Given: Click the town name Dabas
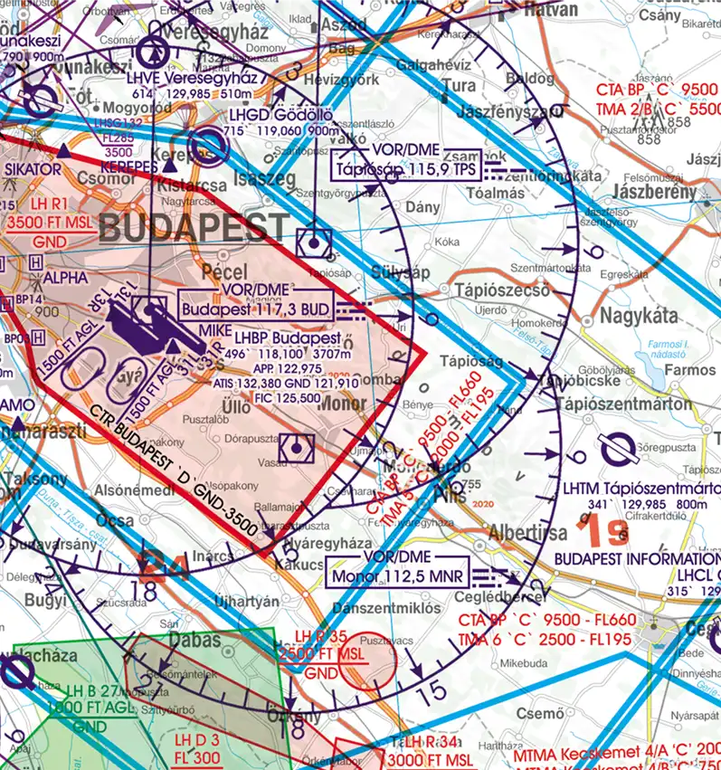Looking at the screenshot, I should point(197,640).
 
